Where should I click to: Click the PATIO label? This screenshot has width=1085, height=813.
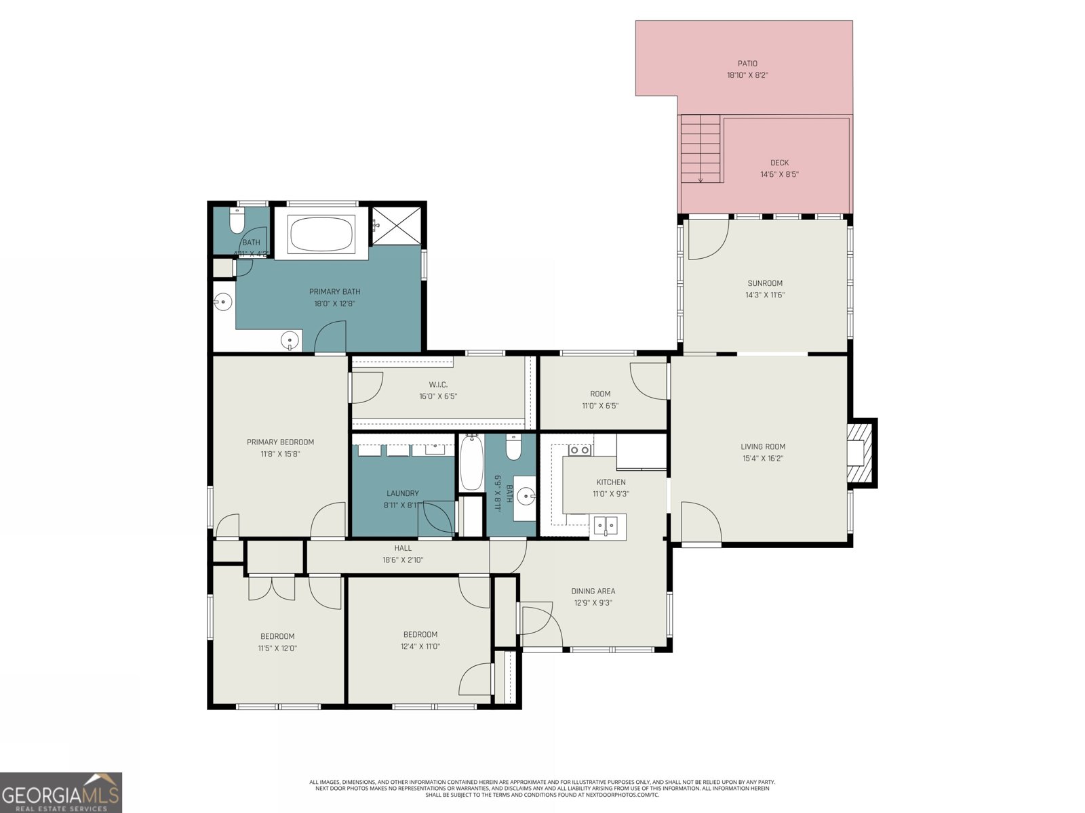coord(747,64)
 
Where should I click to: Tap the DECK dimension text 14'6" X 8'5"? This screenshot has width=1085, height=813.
coord(779,174)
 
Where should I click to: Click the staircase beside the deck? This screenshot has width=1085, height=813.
coord(701,149)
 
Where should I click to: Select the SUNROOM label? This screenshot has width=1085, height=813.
coord(765,283)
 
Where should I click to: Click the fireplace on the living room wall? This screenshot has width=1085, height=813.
coord(860,453)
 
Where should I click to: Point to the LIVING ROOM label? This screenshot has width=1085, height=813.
coord(763,446)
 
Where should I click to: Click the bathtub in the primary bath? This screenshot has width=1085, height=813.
coord(321,234)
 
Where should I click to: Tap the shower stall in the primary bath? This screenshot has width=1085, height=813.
coord(397,225)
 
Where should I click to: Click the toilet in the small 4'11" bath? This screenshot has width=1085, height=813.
coord(237,220)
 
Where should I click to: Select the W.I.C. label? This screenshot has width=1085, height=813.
coord(438,385)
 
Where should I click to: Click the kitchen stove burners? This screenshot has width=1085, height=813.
coord(579,450)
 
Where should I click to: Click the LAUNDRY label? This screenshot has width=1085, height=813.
coord(403,493)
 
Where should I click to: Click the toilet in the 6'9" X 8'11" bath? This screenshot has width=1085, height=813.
coord(513,448)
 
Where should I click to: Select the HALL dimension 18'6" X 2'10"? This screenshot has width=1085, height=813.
coord(403,560)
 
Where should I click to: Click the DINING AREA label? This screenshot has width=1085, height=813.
coord(593,591)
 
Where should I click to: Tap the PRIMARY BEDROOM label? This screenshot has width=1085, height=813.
coord(280,442)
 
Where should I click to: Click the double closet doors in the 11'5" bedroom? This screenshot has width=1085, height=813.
coord(272,588)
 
